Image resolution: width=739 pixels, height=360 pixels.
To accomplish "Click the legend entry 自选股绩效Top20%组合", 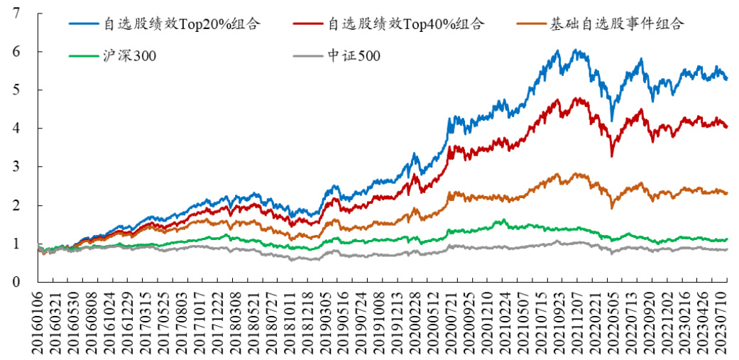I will coord(182,23).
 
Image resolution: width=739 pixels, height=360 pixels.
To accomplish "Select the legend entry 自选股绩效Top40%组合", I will coord(405,23).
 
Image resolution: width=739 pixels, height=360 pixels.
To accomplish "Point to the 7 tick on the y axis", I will coord(16,13).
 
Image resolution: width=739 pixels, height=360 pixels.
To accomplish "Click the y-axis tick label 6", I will coord(16,52).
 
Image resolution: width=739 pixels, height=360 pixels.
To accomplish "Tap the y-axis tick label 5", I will coord(16,90).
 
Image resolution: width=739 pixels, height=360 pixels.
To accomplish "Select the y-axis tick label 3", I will coord(16,167).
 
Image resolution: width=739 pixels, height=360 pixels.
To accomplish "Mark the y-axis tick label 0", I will coord(16,282).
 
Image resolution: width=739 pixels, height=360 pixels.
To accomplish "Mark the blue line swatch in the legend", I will coord(84,23).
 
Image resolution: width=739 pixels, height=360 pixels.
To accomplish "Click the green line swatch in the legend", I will coord(84,55).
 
